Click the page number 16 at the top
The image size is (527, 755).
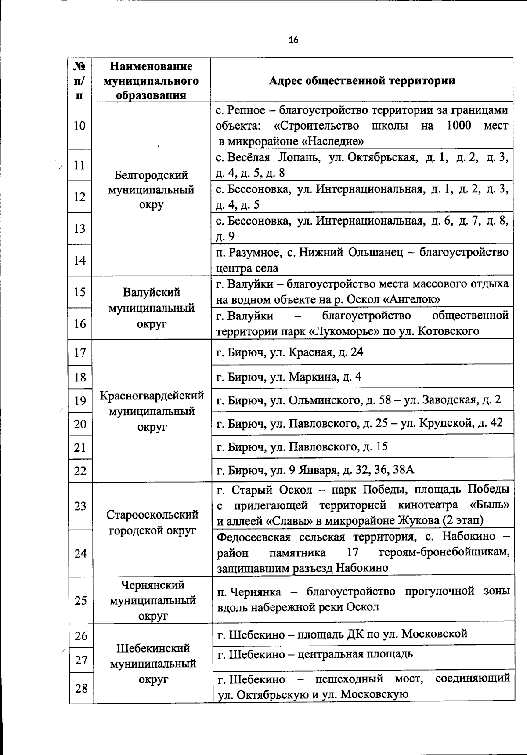pyautogui.click(x=293, y=40)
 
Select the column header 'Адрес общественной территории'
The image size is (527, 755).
pyautogui.click(x=361, y=80)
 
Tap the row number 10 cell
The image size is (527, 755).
pyautogui.click(x=79, y=126)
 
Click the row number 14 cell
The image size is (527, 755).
pyautogui.click(x=79, y=260)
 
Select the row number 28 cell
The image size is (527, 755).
pyautogui.click(x=81, y=688)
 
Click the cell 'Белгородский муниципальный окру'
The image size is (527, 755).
pyautogui.click(x=151, y=190)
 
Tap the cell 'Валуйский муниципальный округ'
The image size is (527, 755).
pyautogui.click(x=151, y=308)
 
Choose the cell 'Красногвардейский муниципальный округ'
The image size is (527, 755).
pyautogui.click(x=152, y=411)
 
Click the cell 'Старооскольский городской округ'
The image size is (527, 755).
pyautogui.click(x=152, y=522)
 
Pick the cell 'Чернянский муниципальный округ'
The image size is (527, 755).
pyautogui.click(x=152, y=600)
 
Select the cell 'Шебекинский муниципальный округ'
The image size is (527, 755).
pyautogui.click(x=153, y=664)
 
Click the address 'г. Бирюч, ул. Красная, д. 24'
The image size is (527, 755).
pyautogui.click(x=290, y=352)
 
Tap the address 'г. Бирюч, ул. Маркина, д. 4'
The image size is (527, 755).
pyautogui.click(x=289, y=377)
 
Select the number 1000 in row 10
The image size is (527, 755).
pyautogui.click(x=458, y=126)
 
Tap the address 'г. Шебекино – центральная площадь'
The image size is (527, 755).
pyautogui.click(x=315, y=654)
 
